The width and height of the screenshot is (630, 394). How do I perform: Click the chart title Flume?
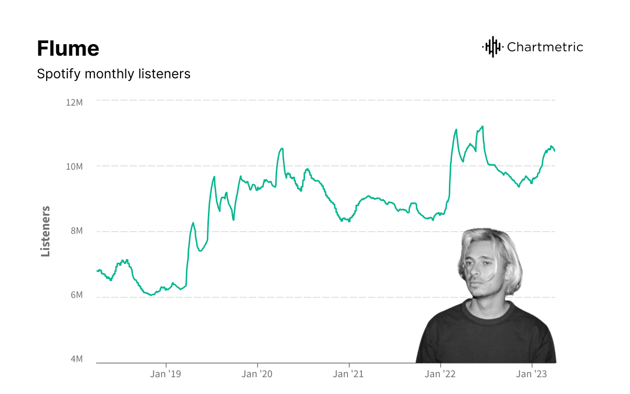point(68,49)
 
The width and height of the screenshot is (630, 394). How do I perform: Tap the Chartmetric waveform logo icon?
point(492,47)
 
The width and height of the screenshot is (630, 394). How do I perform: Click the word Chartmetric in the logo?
point(545,47)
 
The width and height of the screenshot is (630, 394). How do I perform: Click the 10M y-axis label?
point(74,167)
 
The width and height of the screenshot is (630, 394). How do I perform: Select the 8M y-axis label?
point(76,232)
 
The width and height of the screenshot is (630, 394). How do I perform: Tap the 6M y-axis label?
point(76,295)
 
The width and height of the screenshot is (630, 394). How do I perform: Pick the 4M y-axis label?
point(76,359)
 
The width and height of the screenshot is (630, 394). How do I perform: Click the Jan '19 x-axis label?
point(166,374)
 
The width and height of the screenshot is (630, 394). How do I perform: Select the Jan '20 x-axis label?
point(257,374)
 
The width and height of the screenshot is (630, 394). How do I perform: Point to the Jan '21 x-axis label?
point(349,374)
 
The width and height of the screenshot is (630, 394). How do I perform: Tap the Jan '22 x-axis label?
point(440,374)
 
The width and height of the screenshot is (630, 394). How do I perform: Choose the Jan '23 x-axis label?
point(532,374)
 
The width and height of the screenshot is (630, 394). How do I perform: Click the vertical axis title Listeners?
point(46,231)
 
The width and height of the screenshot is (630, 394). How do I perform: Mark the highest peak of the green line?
point(482,126)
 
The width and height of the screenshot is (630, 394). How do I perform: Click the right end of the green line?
point(555,151)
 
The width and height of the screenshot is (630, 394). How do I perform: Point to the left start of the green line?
point(97,271)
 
